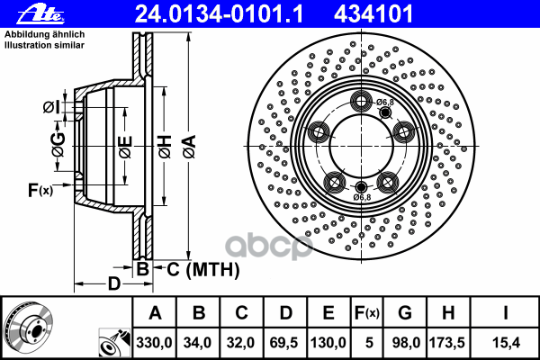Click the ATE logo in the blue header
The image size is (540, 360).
40,14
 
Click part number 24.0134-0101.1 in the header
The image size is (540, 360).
219,14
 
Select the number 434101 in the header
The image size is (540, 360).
373,14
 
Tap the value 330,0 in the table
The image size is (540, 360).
154,343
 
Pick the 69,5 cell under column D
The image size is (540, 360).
283,343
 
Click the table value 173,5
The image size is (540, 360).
447,343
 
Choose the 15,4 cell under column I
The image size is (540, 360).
506,343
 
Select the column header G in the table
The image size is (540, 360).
405,313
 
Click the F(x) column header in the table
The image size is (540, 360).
367,313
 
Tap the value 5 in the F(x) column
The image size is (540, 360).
369,343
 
